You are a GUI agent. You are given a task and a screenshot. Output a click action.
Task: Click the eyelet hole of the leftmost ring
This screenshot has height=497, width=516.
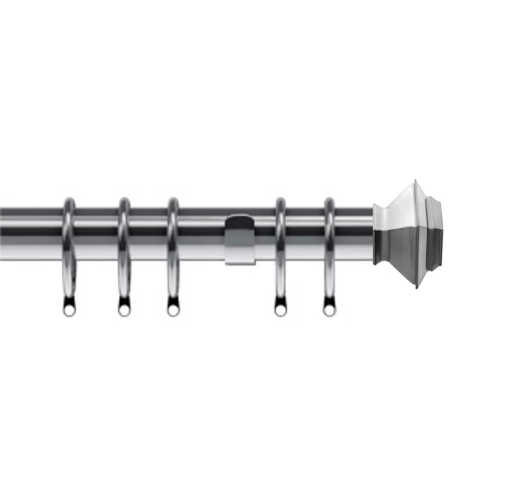coord(69,310)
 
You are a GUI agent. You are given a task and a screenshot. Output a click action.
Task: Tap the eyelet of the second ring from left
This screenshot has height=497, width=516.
coord(124,310)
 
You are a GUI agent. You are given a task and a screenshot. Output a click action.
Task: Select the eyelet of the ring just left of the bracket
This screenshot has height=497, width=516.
coord(173,310)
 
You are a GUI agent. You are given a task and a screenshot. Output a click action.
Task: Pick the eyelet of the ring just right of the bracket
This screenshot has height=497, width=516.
coord(281,310)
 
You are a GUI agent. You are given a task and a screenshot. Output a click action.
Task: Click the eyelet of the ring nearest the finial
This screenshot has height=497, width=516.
coord(329,310)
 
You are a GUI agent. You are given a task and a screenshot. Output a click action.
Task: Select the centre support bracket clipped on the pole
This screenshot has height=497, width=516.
coord(239,239)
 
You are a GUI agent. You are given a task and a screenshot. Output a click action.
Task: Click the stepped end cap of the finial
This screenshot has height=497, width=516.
coord(435,233)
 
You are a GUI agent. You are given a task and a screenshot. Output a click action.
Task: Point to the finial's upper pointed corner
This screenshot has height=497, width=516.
coord(415,182)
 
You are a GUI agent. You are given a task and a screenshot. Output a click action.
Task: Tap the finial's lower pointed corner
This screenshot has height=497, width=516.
coord(417,286)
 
